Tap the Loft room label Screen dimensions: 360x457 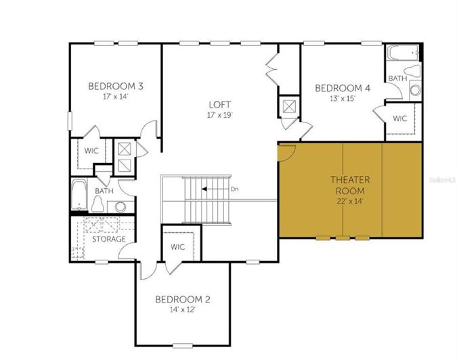220,104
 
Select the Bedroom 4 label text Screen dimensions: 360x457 343,88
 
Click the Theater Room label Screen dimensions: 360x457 350,184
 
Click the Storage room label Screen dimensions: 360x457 108,240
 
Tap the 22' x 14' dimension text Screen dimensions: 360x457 350,200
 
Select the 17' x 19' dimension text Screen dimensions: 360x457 220,114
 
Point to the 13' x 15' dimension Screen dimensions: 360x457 343,98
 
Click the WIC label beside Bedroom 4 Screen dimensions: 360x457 399,118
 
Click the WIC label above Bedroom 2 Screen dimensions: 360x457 178,246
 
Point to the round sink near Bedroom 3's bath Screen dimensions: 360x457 121,207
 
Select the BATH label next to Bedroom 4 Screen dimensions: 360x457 397,79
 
